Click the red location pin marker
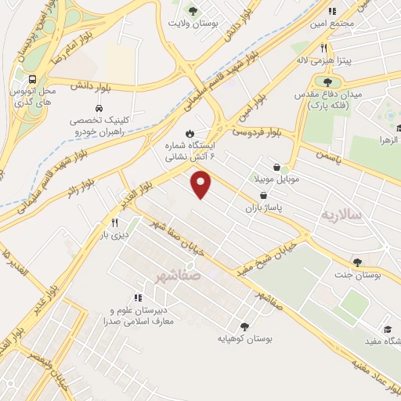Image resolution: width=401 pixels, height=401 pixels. (202, 185)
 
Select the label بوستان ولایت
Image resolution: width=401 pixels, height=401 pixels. (190, 23)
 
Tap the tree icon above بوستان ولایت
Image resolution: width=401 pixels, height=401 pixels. (193, 11)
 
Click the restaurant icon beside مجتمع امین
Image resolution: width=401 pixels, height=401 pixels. (331, 11)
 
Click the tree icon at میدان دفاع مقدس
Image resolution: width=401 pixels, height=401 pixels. (327, 81)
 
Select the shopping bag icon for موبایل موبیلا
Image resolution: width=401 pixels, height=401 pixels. (277, 166)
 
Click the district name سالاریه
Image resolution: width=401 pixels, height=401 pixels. (342, 213)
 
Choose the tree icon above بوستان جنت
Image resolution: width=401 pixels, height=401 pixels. (357, 262)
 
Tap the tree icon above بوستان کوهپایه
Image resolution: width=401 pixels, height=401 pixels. (244, 327)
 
